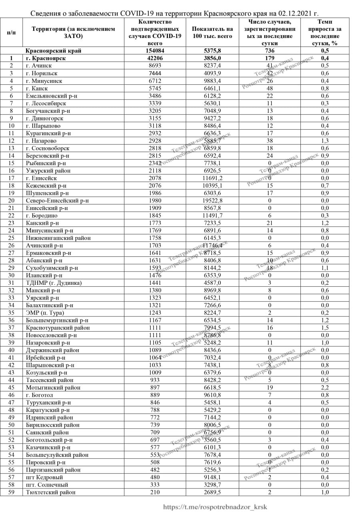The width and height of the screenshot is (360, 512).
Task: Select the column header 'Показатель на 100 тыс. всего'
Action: (212, 33)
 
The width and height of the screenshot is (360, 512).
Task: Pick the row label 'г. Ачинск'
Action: (39, 66)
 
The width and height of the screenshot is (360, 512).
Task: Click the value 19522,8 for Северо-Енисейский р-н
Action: (212, 200)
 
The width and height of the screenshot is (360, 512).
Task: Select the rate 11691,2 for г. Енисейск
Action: (212, 178)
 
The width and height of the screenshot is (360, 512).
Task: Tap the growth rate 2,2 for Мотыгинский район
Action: (325, 388)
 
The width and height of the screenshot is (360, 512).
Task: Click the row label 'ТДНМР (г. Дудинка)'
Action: (54, 283)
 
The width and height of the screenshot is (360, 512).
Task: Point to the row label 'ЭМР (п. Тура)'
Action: (45, 313)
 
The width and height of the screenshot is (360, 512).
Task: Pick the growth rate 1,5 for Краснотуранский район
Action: (325, 328)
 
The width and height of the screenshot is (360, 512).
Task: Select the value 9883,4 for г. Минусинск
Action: (212, 81)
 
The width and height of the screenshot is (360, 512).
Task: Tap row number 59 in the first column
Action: (11, 492)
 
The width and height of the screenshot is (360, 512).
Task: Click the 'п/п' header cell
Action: (11, 33)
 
